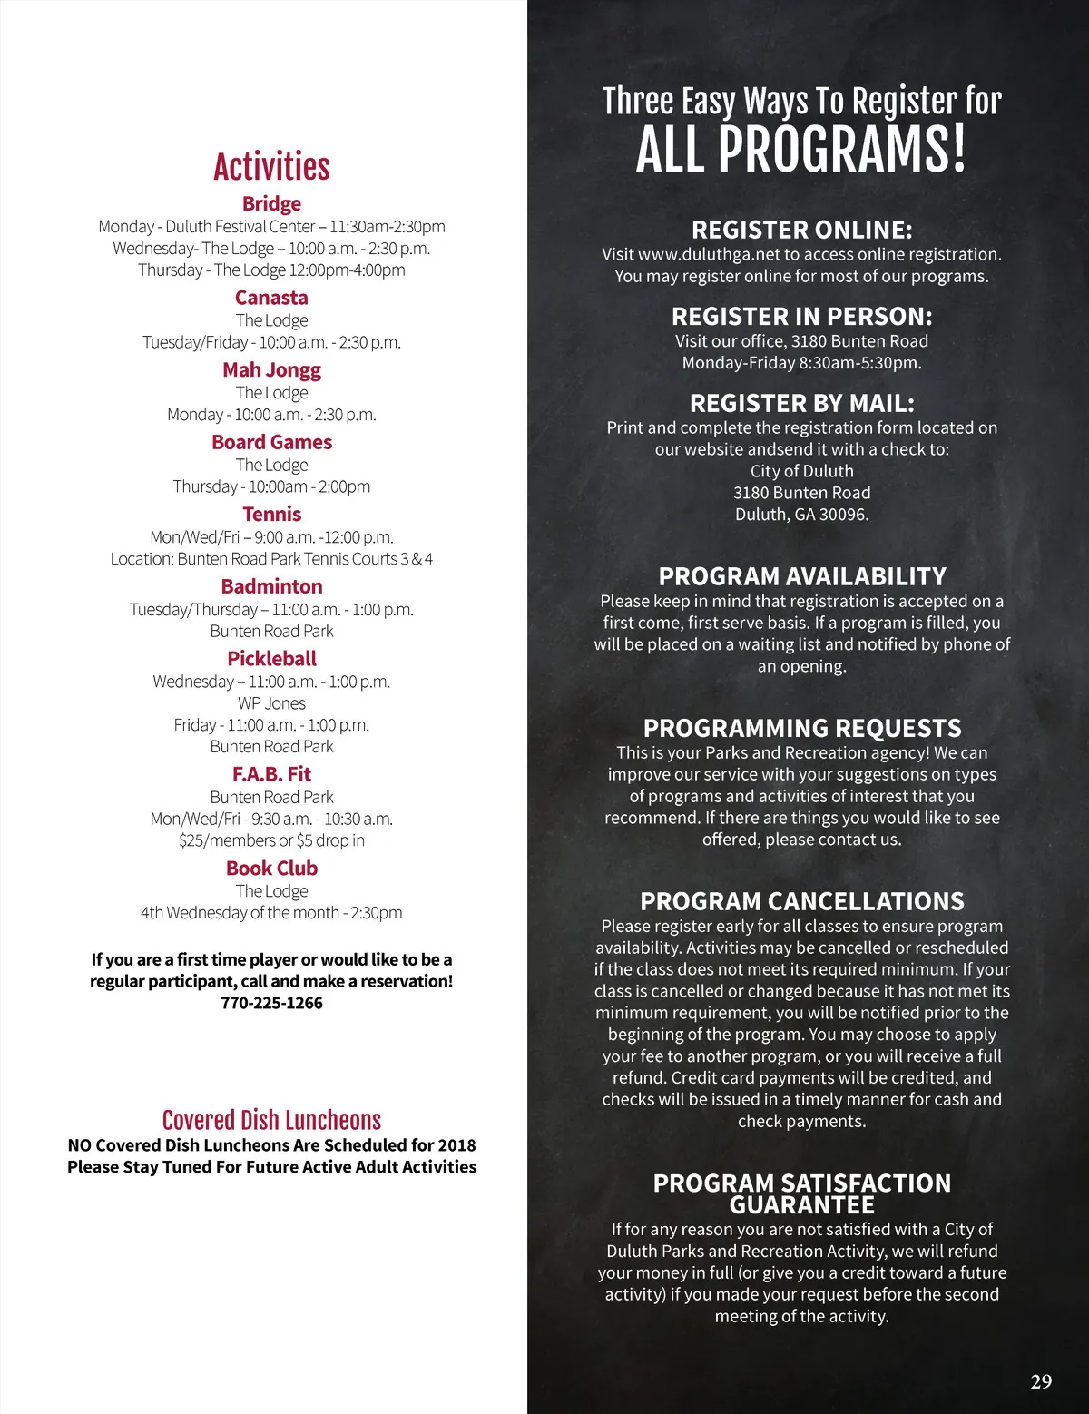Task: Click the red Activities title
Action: pos(271,167)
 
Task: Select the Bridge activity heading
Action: pos(271,203)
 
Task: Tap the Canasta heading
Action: pos(271,298)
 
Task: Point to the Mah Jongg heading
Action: pos(271,369)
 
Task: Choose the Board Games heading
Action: pos(271,442)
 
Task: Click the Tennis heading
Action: pos(271,514)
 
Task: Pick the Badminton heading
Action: pos(271,586)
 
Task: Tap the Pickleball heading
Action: pos(271,658)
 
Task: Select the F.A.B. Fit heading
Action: pos(271,774)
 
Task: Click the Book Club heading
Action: pos(271,868)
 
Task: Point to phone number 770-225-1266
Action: pos(271,1003)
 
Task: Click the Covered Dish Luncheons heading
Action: pos(271,1120)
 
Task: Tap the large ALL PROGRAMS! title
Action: pos(801,150)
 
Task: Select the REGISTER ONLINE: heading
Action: pos(801,230)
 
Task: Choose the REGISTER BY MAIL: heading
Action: pos(801,403)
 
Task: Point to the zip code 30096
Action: pos(843,515)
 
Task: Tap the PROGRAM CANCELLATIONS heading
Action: pos(801,901)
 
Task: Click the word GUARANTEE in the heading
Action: pos(801,1205)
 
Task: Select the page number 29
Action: pos(1041,1381)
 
